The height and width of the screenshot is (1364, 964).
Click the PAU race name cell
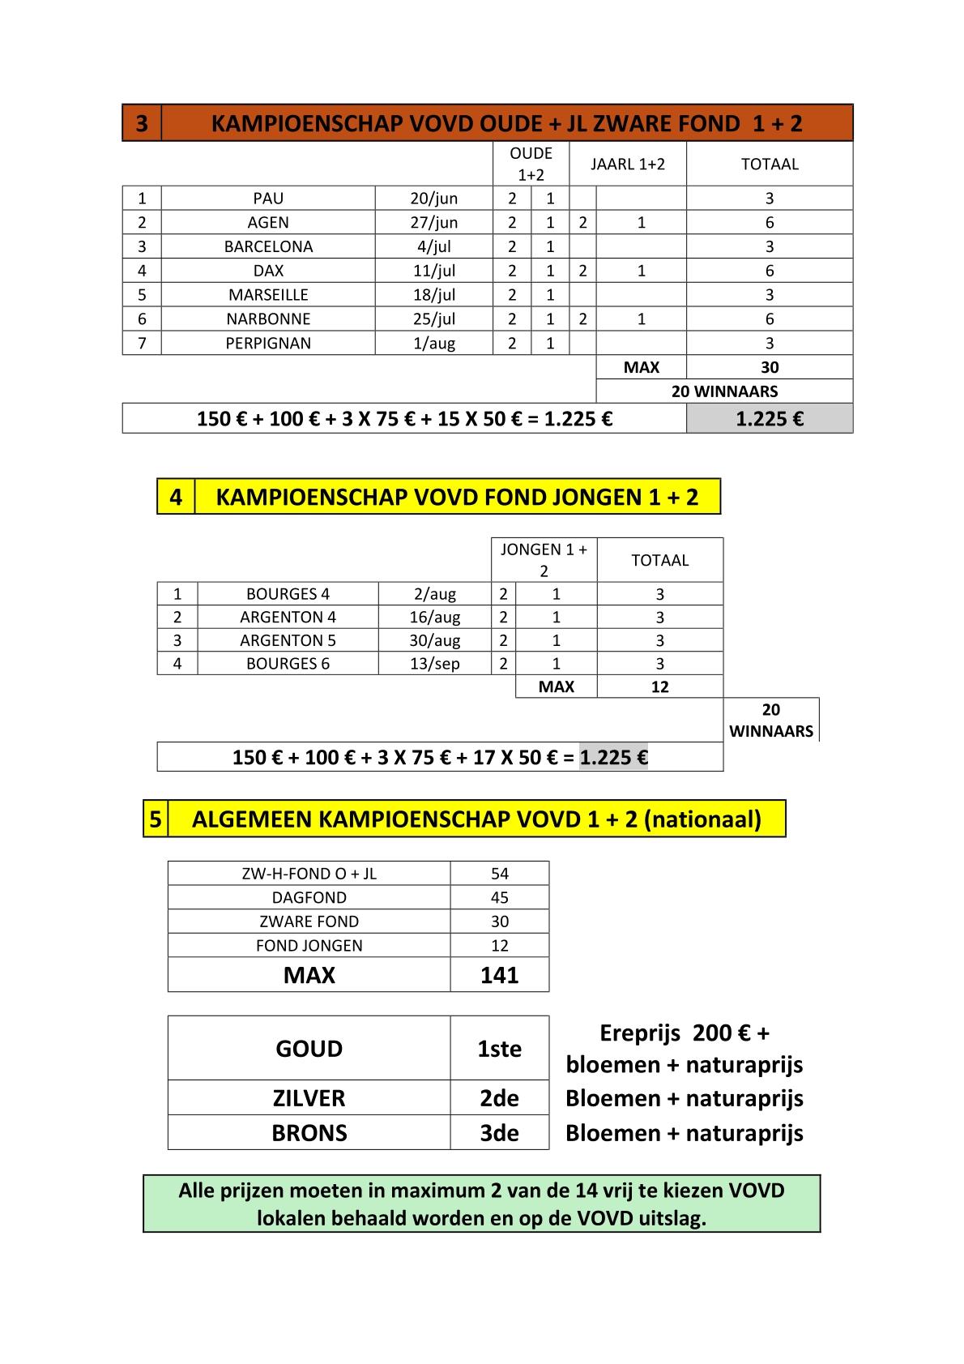(x=268, y=199)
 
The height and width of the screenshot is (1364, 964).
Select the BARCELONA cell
(x=268, y=246)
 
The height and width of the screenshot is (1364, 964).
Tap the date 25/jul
(x=434, y=319)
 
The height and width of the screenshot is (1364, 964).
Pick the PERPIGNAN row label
(x=268, y=343)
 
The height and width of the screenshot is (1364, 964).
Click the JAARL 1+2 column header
(x=628, y=164)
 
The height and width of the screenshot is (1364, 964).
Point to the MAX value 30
(x=769, y=367)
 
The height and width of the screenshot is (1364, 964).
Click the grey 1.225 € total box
(x=769, y=419)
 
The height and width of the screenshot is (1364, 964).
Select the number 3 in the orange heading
(x=142, y=123)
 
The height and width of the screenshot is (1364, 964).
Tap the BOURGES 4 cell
(x=288, y=594)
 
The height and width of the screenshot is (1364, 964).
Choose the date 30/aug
(x=435, y=640)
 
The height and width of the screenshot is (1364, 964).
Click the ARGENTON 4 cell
(x=288, y=617)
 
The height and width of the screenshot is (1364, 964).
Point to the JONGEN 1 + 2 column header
(x=544, y=559)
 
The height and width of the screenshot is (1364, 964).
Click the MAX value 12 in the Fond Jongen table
(x=659, y=686)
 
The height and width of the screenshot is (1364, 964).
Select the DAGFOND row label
(x=309, y=897)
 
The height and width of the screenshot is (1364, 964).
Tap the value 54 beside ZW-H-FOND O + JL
(x=499, y=874)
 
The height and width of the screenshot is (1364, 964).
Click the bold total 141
(x=499, y=975)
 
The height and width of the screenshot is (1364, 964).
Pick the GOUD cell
(x=309, y=1049)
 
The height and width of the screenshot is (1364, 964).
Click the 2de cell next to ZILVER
(x=499, y=1098)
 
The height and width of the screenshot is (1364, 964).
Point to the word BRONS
(x=309, y=1133)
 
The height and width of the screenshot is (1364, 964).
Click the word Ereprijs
(x=639, y=1033)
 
